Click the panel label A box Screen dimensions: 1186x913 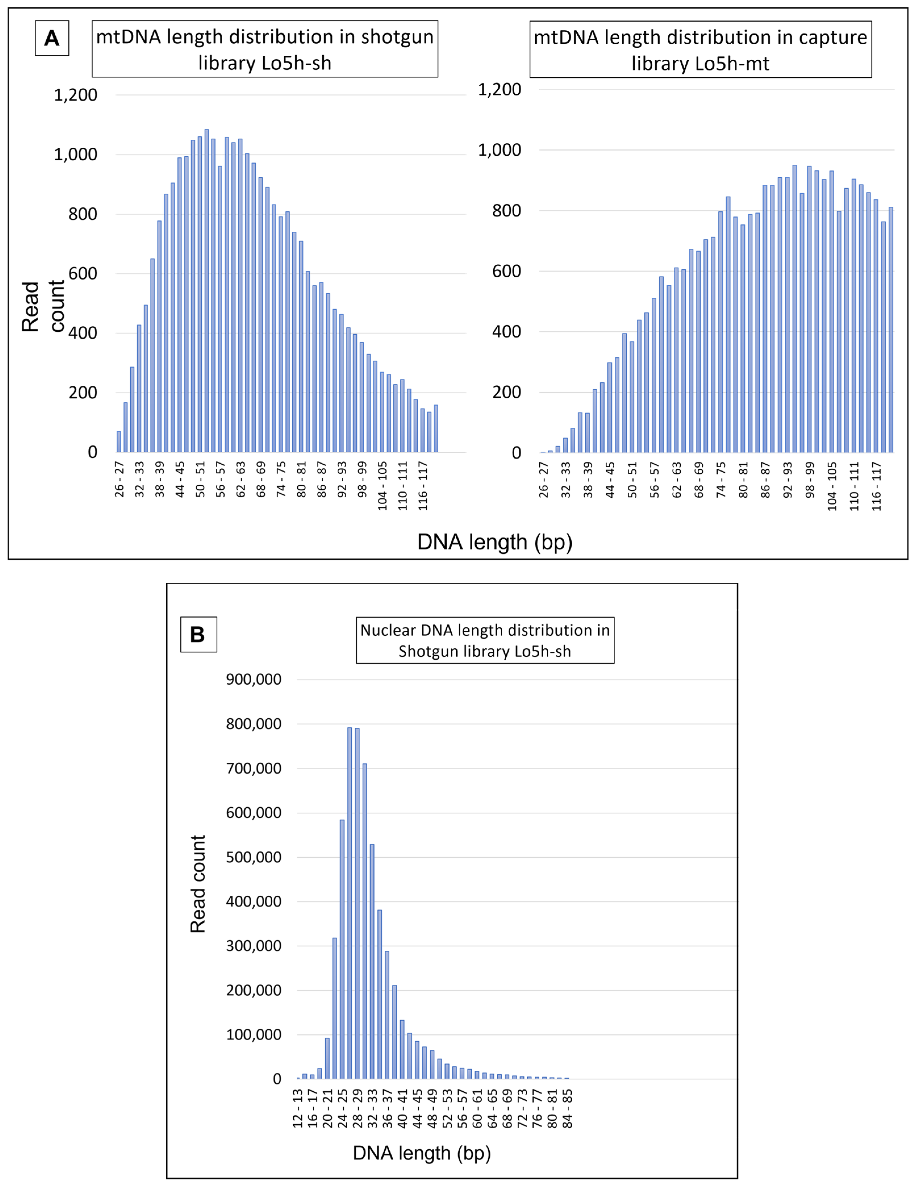(x=52, y=38)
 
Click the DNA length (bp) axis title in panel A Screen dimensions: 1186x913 (x=494, y=542)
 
